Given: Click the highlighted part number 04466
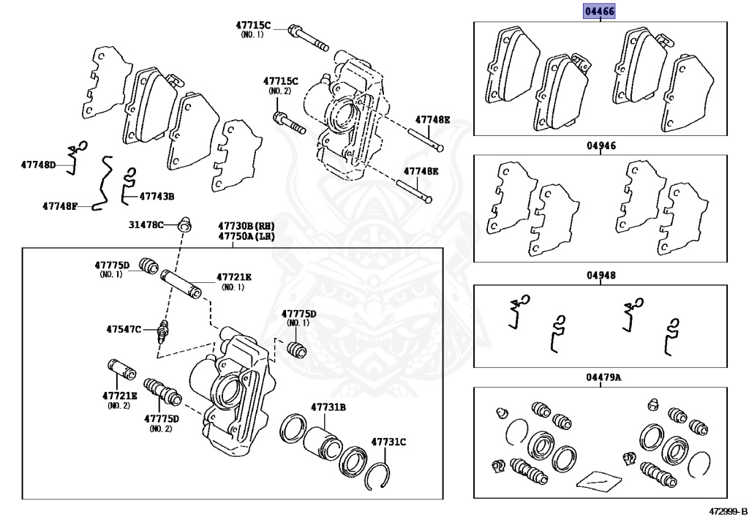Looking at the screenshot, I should point(599,12).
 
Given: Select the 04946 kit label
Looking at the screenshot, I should point(601,146).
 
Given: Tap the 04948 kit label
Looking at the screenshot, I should point(601,276).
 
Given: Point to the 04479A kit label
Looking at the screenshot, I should point(603,377).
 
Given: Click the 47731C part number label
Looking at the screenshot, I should point(388,442).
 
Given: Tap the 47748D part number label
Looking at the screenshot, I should point(38,165).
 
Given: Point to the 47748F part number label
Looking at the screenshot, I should point(59,206).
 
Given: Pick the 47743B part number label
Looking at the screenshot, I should point(157,196).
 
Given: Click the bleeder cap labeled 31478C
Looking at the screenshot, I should point(184,223).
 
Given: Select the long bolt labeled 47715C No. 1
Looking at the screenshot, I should point(307,37).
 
